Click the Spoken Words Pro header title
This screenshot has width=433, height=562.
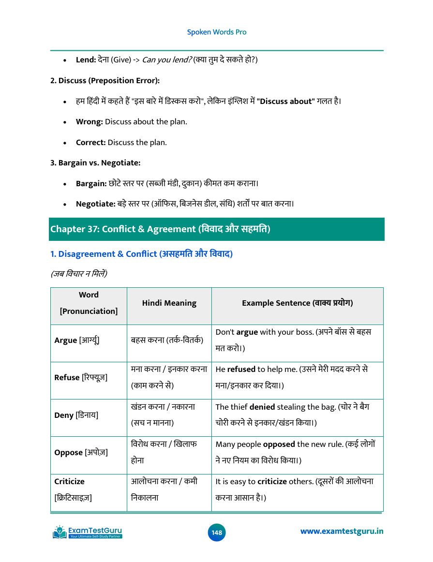pos(216,32)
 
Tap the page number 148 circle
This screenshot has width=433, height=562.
pos(217,532)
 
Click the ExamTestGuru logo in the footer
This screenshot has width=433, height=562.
pos(88,532)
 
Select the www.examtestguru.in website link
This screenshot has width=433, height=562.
pos(342,532)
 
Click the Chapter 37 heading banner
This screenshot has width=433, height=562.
pos(217,229)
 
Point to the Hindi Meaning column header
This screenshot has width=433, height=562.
pos(169,303)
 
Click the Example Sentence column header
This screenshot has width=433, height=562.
pos(297,303)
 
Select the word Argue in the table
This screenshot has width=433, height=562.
pos(65,340)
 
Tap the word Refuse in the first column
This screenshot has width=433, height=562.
pos(67,377)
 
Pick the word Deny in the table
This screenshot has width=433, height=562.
pos(64,415)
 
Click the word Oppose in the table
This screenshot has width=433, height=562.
pos(68,453)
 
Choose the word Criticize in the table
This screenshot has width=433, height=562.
pos(69,482)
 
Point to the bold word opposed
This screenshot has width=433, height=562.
pos(279,444)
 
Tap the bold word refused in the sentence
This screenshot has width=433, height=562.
pos(241,370)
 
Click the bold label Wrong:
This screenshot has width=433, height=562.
pos(90,122)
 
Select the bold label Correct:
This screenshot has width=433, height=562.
pos(91,143)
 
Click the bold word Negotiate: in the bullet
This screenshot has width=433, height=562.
pos(95,204)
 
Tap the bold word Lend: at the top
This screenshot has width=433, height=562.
pos(86,60)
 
